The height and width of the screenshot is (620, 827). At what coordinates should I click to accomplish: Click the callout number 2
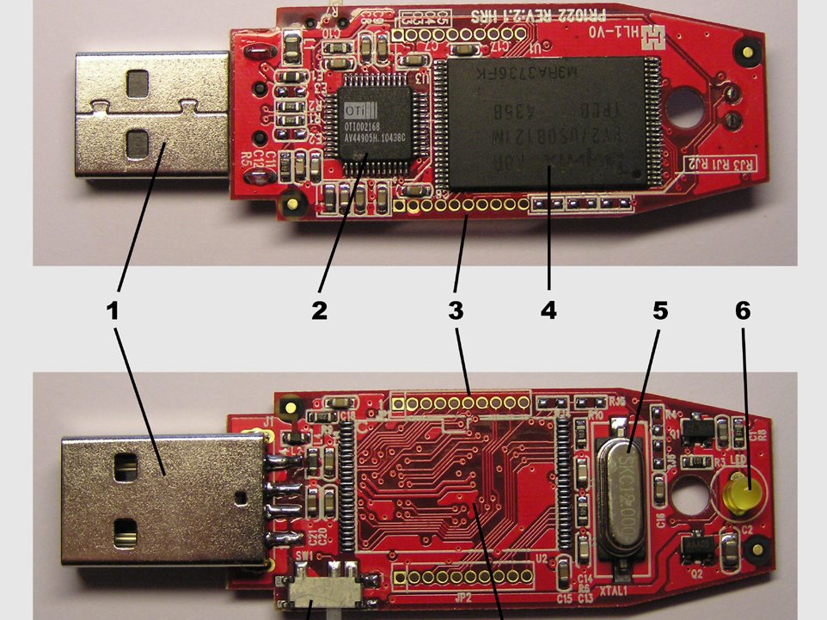[320, 310]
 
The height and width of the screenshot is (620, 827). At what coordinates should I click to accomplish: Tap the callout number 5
[659, 310]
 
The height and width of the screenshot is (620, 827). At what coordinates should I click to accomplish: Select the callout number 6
[743, 310]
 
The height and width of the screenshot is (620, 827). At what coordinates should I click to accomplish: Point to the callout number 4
[548, 310]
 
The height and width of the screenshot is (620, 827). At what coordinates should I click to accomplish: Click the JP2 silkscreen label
[463, 597]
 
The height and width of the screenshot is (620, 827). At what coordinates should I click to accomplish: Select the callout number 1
[112, 310]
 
